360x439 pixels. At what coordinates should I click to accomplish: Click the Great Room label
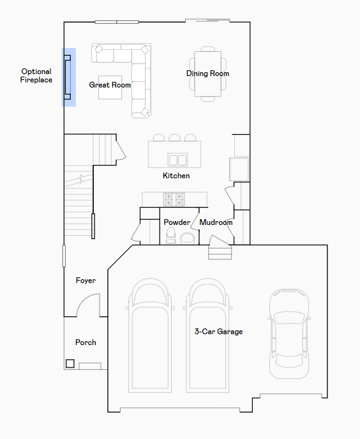coord(110,85)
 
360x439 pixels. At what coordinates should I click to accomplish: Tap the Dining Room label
coord(207,73)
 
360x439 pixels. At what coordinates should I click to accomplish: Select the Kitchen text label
coord(176,176)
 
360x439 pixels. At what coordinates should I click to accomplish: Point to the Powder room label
coord(177,222)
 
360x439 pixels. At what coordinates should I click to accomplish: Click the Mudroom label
coord(216,222)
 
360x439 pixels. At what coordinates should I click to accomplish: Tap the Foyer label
coord(86,281)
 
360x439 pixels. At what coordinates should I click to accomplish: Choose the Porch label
coord(86,342)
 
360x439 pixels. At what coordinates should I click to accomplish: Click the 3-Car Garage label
coord(218,332)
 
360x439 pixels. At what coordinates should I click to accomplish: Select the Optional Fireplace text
coord(36,75)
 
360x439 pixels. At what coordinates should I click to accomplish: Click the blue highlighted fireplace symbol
coord(68,77)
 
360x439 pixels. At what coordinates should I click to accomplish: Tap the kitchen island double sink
coord(177,160)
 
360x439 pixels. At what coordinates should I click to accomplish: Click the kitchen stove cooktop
coord(174,199)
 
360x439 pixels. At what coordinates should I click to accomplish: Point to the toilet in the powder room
coord(170,235)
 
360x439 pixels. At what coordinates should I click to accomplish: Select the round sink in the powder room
coord(188,238)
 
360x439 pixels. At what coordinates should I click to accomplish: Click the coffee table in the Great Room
coord(110,88)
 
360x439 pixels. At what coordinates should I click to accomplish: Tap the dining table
coord(208,74)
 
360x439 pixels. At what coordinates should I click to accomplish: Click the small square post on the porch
coord(70,364)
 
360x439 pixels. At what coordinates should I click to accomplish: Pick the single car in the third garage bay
coord(289,334)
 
